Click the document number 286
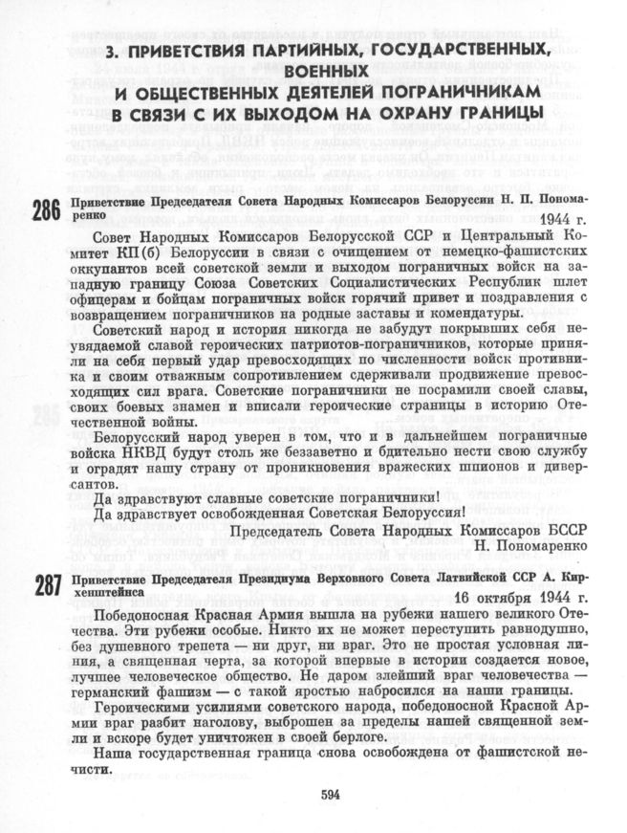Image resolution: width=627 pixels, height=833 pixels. (46, 210)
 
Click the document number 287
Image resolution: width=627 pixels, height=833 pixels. (46, 585)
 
